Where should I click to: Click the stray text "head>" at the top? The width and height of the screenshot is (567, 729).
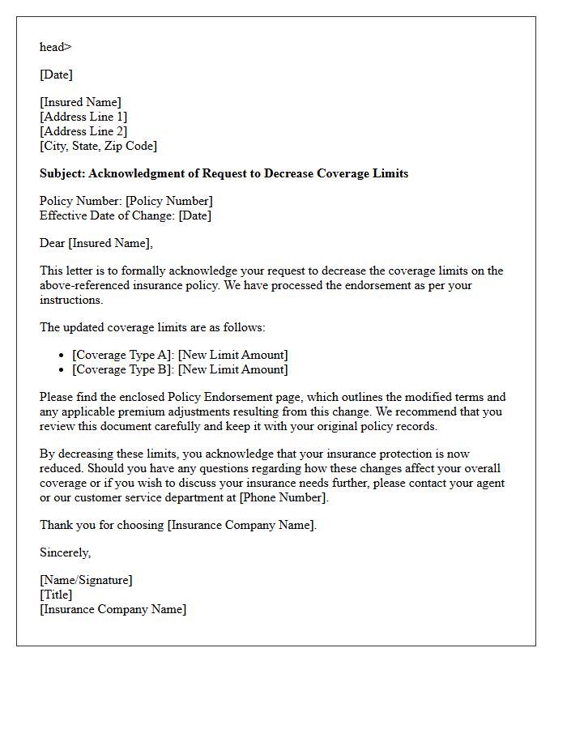pos(55,47)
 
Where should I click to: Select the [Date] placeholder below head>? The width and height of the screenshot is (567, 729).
pos(56,75)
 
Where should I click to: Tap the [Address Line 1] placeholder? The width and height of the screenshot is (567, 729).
pos(83,117)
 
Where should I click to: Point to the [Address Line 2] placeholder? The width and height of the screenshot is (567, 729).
pos(83,131)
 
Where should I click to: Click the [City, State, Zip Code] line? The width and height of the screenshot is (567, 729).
pos(98,146)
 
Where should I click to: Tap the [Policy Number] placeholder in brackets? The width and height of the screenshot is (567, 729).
pos(168,201)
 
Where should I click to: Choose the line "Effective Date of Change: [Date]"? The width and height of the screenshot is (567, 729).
pos(126,215)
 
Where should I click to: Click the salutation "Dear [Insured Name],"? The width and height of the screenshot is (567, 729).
pos(96,243)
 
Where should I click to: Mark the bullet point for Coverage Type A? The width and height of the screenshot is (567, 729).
pos(62,356)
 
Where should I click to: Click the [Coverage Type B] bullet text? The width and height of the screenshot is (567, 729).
pos(123,369)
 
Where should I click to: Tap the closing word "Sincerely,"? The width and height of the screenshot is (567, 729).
pos(66,552)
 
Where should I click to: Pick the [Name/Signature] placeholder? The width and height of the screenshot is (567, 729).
pos(86,580)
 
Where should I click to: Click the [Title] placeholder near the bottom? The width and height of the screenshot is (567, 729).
pos(56,595)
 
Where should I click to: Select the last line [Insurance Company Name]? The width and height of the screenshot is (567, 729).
pos(113,609)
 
